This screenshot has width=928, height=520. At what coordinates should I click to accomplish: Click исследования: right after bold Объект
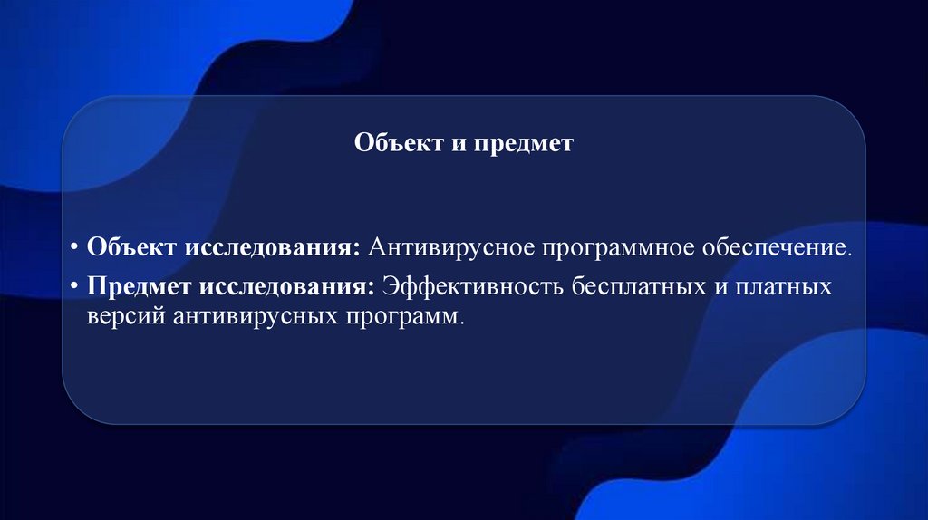[x=273, y=247]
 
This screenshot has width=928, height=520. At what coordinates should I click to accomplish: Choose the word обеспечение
[x=777, y=247]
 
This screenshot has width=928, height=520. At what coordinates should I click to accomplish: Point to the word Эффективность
[x=473, y=287]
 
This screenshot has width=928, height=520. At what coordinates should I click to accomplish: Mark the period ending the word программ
[x=459, y=323]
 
